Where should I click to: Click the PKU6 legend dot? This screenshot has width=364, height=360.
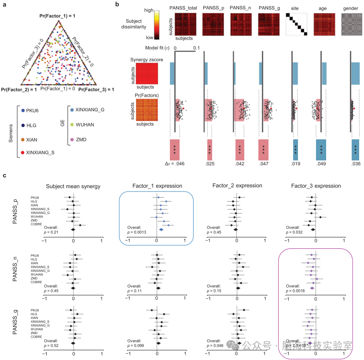pyautogui.click(x=23, y=110)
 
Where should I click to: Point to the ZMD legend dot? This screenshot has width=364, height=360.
pyautogui.click(x=72, y=139)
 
